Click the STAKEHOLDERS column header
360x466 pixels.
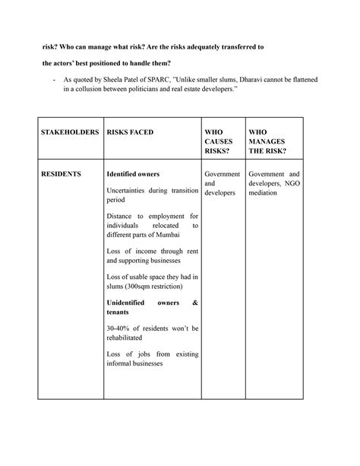70,132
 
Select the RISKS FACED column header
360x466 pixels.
130,132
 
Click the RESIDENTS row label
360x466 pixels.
62,174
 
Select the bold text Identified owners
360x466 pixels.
133,174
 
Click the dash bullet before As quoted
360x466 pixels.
54,78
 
